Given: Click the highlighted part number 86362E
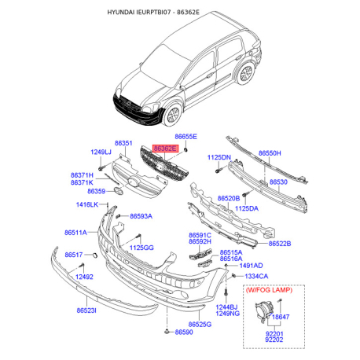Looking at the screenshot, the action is (165, 149).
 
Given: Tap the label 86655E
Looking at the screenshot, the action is (186, 137).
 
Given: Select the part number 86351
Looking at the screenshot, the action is (123, 143).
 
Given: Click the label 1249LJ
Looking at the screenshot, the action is (101, 152).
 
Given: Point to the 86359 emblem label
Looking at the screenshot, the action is (97, 191).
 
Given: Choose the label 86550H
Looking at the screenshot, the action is (270, 153).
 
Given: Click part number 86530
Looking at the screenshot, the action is (278, 182).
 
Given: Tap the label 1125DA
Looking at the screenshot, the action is (247, 208).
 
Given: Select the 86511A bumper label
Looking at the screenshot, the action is (75, 233).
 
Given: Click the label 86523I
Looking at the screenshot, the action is (86, 310).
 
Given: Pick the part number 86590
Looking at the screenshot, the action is (184, 332).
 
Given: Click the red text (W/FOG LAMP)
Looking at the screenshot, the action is (269, 290).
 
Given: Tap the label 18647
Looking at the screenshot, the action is (281, 317).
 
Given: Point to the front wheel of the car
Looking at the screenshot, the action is (173, 115).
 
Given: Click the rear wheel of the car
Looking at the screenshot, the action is (246, 74).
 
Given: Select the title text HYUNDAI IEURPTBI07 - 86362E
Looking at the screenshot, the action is (153, 12).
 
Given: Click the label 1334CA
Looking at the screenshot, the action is (256, 276).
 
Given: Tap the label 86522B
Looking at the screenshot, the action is (280, 244).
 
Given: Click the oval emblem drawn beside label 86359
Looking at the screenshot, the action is (119, 191).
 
